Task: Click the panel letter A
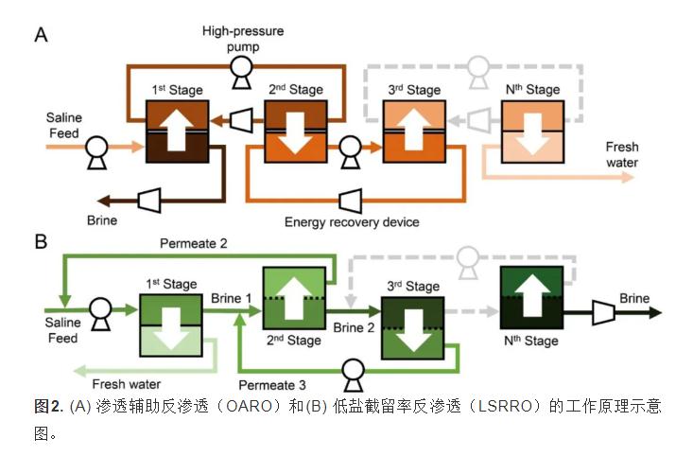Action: click(x=42, y=35)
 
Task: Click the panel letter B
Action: click(x=42, y=241)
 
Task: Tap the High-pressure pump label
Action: click(x=243, y=38)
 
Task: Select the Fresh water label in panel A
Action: click(x=622, y=155)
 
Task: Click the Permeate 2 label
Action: click(x=192, y=243)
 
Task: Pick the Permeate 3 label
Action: click(x=272, y=385)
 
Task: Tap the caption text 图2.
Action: click(x=48, y=406)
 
